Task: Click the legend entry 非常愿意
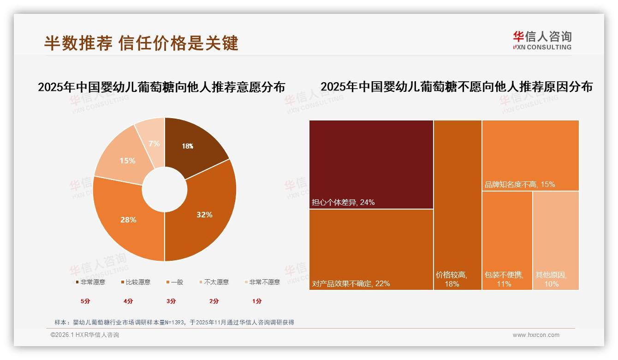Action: [90, 282]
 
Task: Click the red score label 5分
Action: [85, 301]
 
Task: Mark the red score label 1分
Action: [257, 301]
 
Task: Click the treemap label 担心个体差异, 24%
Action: [343, 202]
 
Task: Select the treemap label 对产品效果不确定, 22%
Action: [351, 283]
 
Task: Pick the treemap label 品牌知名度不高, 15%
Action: [519, 184]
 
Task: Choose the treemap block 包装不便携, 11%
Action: [507, 240]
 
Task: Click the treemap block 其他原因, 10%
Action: [555, 240]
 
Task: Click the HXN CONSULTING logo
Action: [542, 41]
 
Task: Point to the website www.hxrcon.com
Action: [536, 335]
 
